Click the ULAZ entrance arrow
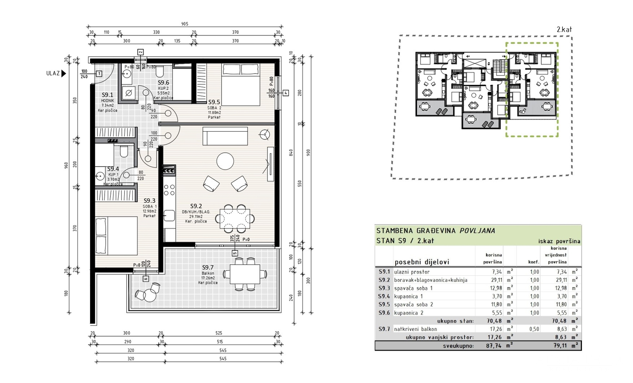click(63, 73)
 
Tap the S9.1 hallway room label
click(107, 95)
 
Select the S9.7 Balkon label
click(208, 268)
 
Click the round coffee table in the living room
click(225, 161)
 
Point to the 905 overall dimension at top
click(185, 24)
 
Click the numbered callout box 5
click(235, 253)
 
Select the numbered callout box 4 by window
click(286, 93)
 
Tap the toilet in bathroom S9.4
click(124, 152)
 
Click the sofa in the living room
click(225, 136)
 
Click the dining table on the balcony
click(245, 274)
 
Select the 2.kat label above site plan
click(564, 30)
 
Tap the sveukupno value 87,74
click(494, 346)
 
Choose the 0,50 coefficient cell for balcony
click(534, 329)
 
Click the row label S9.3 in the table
click(384, 288)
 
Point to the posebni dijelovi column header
click(422, 262)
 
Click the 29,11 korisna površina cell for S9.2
click(497, 280)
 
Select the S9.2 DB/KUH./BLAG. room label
click(196, 206)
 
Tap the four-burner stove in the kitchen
click(169, 190)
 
